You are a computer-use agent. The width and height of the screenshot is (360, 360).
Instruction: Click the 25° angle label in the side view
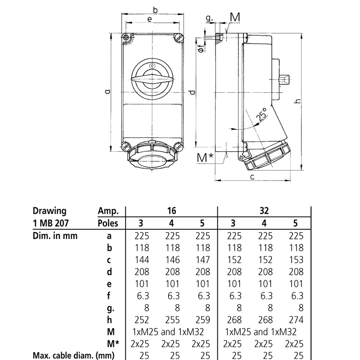pyautogui.click(x=261, y=115)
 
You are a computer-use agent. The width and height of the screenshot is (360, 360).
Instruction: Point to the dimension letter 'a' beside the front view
pyautogui.click(x=106, y=92)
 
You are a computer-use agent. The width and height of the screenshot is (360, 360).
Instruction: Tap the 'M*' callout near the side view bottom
pyautogui.click(x=205, y=158)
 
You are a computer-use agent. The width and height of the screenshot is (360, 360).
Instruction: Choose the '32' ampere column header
pyautogui.click(x=263, y=211)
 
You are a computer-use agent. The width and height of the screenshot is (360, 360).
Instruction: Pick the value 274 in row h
pyautogui.click(x=294, y=319)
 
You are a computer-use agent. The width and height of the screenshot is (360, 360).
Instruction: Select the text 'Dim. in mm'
pyautogui.click(x=54, y=236)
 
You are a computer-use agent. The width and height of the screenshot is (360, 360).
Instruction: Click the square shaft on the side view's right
pyautogui.click(x=284, y=80)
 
